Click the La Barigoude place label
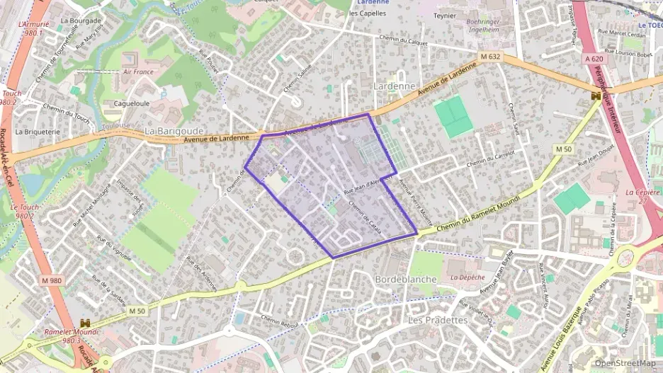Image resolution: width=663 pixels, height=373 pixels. [x=174, y=131]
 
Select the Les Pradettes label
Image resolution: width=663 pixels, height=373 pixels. [x=438, y=320]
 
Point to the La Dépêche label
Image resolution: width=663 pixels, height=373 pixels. [x=467, y=277]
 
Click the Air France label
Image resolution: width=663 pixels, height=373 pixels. [x=138, y=72]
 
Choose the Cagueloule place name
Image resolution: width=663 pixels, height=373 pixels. [x=127, y=103]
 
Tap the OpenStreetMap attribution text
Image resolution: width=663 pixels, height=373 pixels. [x=625, y=363]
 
